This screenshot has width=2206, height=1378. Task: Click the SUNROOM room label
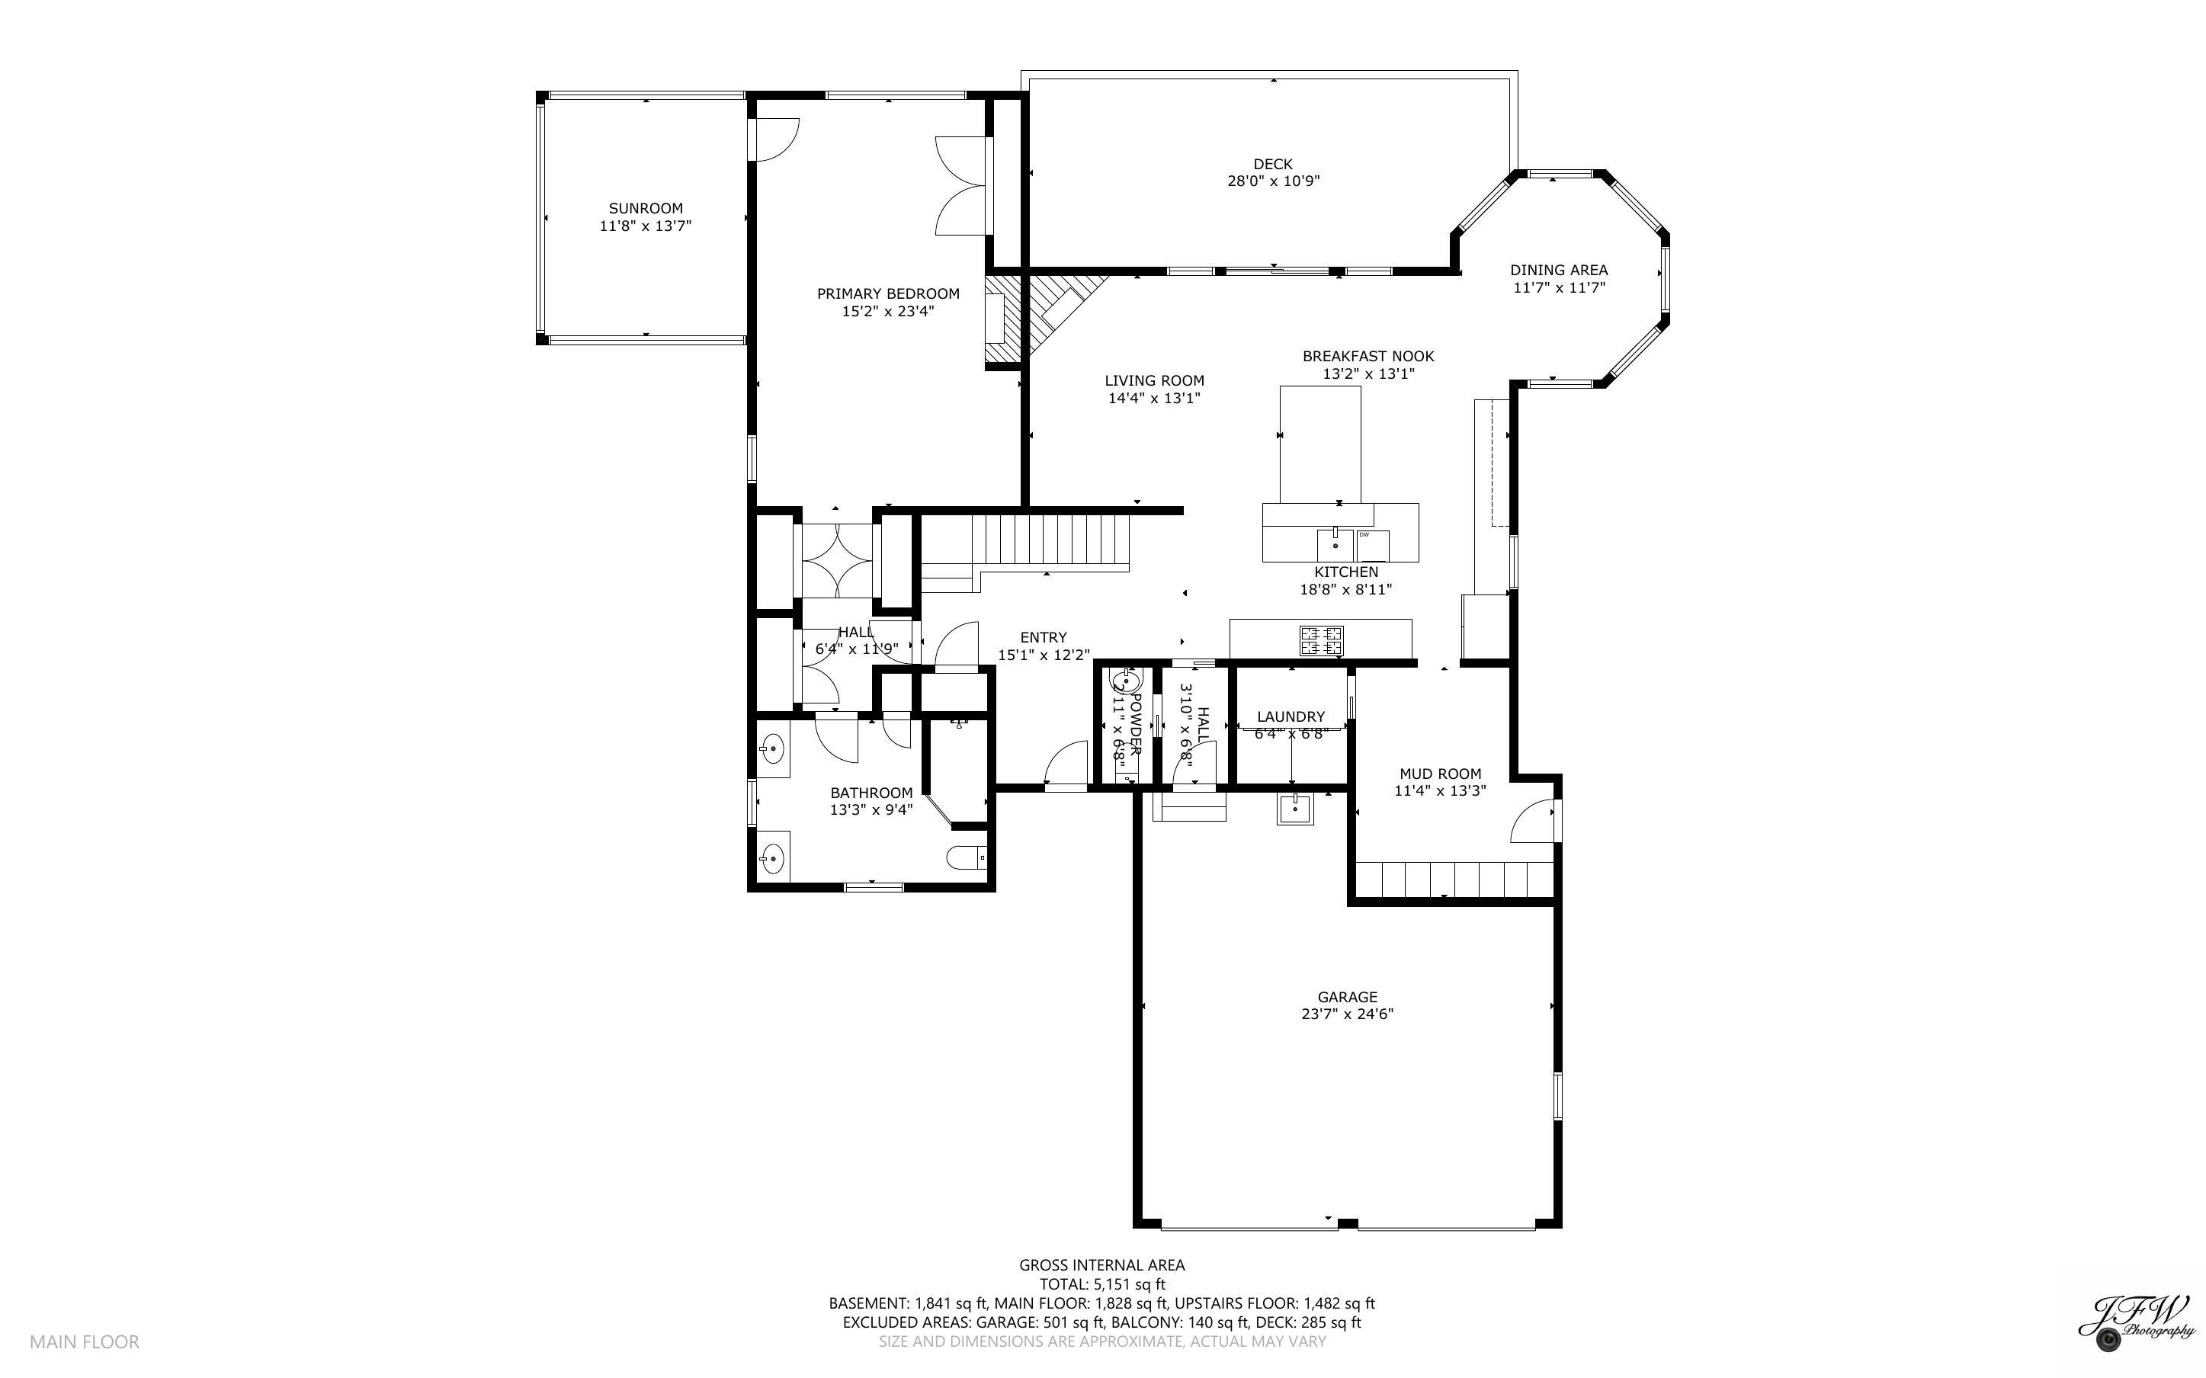coord(645,209)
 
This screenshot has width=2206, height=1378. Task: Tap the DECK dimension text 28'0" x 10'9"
coord(1273,181)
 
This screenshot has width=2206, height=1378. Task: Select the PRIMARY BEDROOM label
coord(887,293)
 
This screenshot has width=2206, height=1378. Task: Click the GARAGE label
coord(1347,997)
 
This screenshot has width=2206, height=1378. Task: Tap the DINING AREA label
coord(1558,270)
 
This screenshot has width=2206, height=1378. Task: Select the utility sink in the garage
coord(1295,809)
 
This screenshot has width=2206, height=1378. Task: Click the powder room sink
coord(1125,681)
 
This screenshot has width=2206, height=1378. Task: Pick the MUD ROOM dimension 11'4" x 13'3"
coord(1440,791)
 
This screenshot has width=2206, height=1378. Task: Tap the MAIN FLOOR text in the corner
coord(84,1341)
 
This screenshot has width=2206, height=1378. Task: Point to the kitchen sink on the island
coord(1335,546)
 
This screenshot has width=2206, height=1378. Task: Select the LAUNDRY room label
coord(1291,717)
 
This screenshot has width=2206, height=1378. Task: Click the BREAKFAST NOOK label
coord(1368,357)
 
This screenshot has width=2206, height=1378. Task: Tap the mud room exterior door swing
coord(1533,822)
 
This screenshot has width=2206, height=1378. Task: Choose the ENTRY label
coord(1044,638)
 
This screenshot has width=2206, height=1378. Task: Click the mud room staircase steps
coord(1454,880)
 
